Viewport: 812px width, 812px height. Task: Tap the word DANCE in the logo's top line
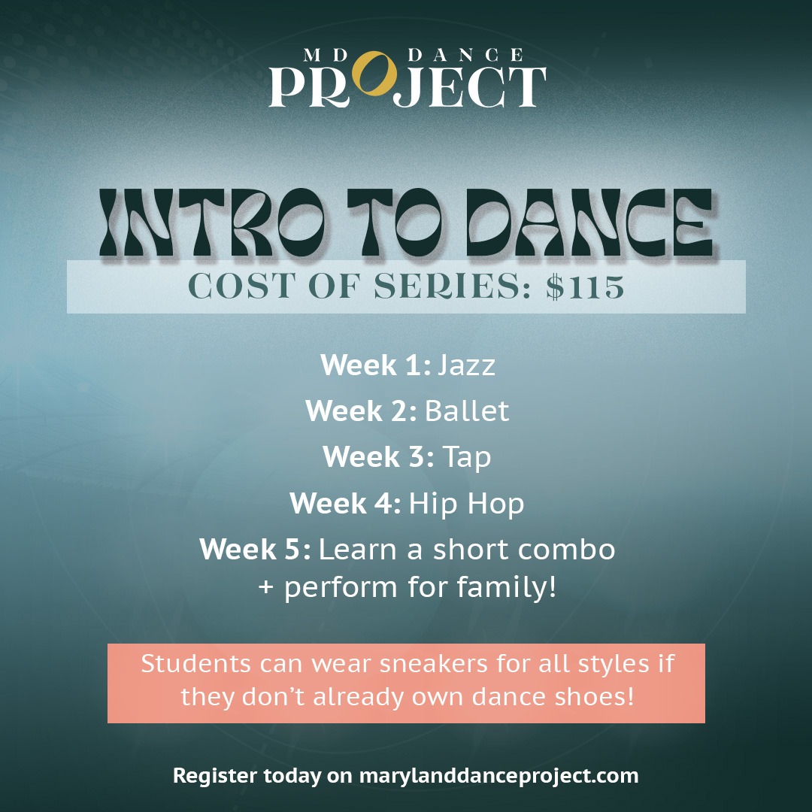coord(465,55)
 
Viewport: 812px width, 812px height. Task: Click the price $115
coord(585,286)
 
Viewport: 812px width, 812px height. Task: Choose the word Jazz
coord(466,366)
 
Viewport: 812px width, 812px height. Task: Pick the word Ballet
coord(467,411)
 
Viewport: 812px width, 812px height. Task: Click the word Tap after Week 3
coord(467,458)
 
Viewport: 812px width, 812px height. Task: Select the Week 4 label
coord(345,503)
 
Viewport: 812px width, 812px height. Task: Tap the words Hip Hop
coord(466,504)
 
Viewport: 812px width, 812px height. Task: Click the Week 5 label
coord(256,549)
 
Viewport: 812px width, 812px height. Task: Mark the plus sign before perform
coord(265,588)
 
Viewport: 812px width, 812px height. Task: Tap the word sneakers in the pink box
coord(434,664)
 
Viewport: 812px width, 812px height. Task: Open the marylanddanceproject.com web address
coord(498,776)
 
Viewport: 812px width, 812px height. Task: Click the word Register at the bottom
coord(214,776)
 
